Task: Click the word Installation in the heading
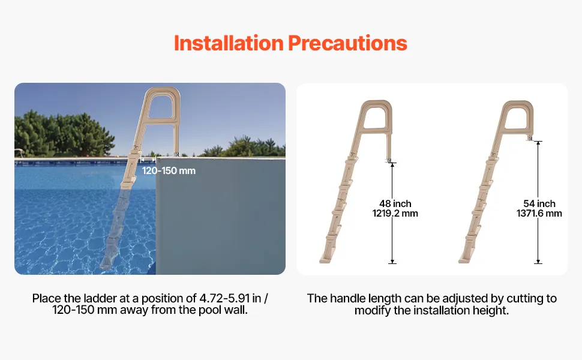coord(229,43)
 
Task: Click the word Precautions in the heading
coord(348,43)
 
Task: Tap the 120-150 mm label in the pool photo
coord(169,171)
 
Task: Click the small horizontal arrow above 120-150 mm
coord(148,160)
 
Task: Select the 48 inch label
coord(395,204)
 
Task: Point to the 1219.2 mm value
coord(395,214)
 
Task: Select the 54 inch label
coord(539,204)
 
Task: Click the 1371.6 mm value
coord(539,214)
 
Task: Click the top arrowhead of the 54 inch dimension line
coord(538,143)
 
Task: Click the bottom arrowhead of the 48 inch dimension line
coord(392,261)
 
